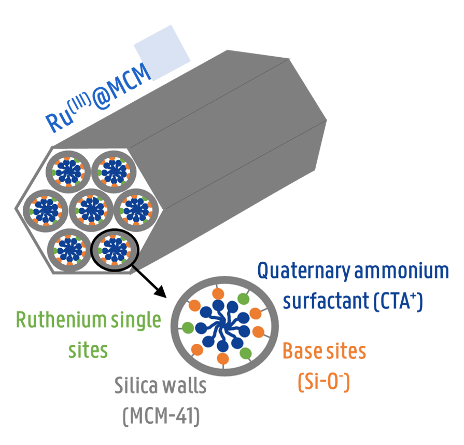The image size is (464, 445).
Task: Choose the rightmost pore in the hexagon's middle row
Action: click(x=137, y=209)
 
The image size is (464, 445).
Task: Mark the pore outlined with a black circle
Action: click(x=114, y=248)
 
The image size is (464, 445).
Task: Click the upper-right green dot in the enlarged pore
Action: click(x=243, y=299)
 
